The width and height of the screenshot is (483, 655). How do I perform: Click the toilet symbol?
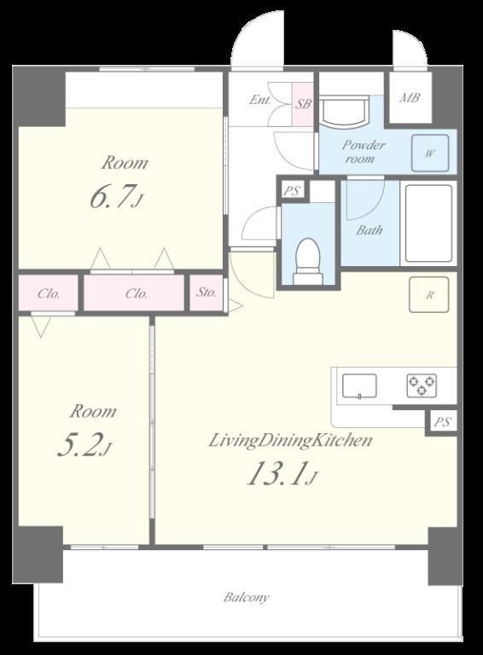(x=308, y=261)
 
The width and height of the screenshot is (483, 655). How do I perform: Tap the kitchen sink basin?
(x=359, y=385)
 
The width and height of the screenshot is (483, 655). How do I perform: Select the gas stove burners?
(x=422, y=385)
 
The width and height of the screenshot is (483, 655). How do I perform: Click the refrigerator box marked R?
(x=429, y=294)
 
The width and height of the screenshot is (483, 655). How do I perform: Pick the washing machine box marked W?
(x=430, y=153)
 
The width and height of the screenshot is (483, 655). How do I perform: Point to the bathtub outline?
(x=428, y=223)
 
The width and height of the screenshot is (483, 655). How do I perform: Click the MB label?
(x=410, y=98)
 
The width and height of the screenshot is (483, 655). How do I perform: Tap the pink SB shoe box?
(x=302, y=104)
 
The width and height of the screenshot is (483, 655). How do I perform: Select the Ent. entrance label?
(x=260, y=100)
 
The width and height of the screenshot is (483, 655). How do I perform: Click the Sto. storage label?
(x=206, y=293)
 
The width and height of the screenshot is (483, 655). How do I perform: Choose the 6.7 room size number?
(x=113, y=196)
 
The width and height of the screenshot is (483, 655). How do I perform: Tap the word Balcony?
(x=247, y=597)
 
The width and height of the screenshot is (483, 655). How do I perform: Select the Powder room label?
(x=364, y=152)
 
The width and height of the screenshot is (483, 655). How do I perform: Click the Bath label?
(x=370, y=229)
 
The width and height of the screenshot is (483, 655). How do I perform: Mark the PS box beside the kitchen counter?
(x=442, y=422)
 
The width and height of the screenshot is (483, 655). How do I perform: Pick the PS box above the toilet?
(x=292, y=191)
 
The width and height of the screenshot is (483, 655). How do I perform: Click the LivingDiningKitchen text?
(x=290, y=441)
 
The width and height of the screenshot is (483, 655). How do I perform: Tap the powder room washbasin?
(x=344, y=111)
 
